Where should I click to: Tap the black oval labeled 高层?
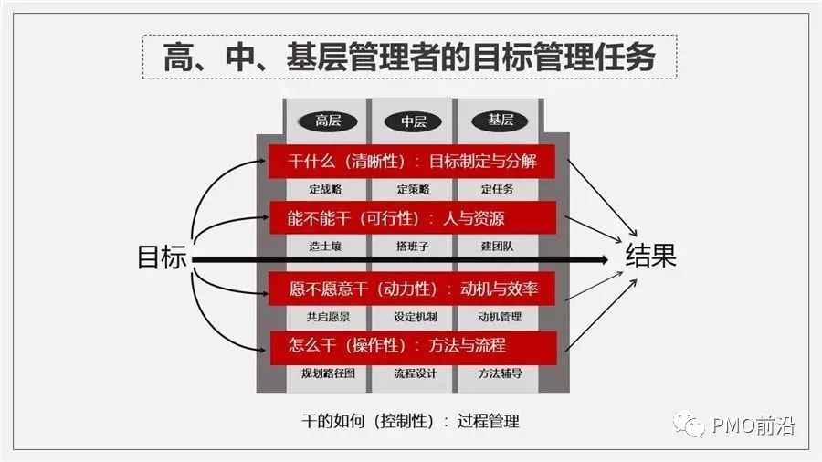pos(327,121)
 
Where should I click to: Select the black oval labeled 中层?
pos(413,121)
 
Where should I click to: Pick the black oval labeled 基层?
pos(500,120)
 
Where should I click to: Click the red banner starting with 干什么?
pos(413,162)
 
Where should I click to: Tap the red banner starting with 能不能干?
pos(413,218)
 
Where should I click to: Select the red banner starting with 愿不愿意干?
pos(413,290)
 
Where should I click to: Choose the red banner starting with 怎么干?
pos(413,346)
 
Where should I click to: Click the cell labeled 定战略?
pos(326,189)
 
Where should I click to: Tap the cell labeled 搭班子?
pos(413,246)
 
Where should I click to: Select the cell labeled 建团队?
pos(501,246)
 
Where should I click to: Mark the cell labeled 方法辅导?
pos(501,373)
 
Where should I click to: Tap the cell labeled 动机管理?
pos(501,317)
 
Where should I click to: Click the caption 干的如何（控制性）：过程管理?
pos(410,421)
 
